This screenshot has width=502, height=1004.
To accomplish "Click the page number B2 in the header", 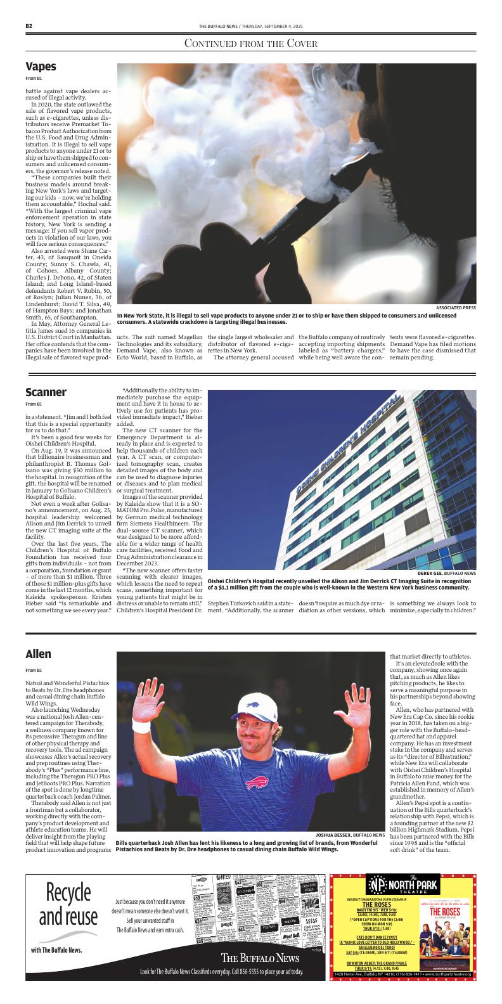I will click(29, 26).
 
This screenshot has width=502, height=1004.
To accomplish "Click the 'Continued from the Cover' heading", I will click(250, 43).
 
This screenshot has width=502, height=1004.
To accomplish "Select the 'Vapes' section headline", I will click(41, 67).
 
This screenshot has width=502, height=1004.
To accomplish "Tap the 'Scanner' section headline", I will click(46, 392).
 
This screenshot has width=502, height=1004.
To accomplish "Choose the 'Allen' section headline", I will click(38, 653).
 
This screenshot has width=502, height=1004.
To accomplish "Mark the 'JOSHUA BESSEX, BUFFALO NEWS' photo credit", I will click(350, 835).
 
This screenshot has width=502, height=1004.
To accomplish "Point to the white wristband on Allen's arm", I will click(141, 725).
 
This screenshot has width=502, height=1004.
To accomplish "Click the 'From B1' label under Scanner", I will click(34, 404).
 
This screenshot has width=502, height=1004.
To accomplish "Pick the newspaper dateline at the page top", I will click(251, 26).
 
